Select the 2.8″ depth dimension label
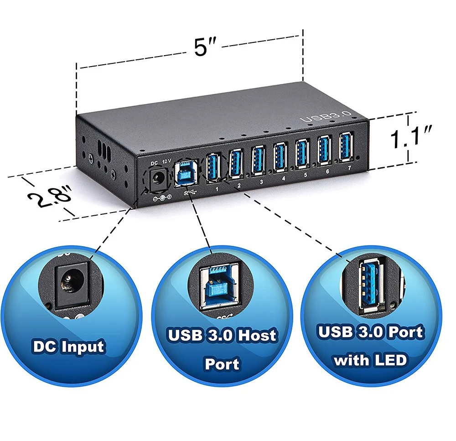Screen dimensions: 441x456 (x=49, y=197)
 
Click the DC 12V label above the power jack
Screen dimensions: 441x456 (x=161, y=161)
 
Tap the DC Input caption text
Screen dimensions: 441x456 (x=68, y=346)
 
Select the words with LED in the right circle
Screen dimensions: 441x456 (x=370, y=360)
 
